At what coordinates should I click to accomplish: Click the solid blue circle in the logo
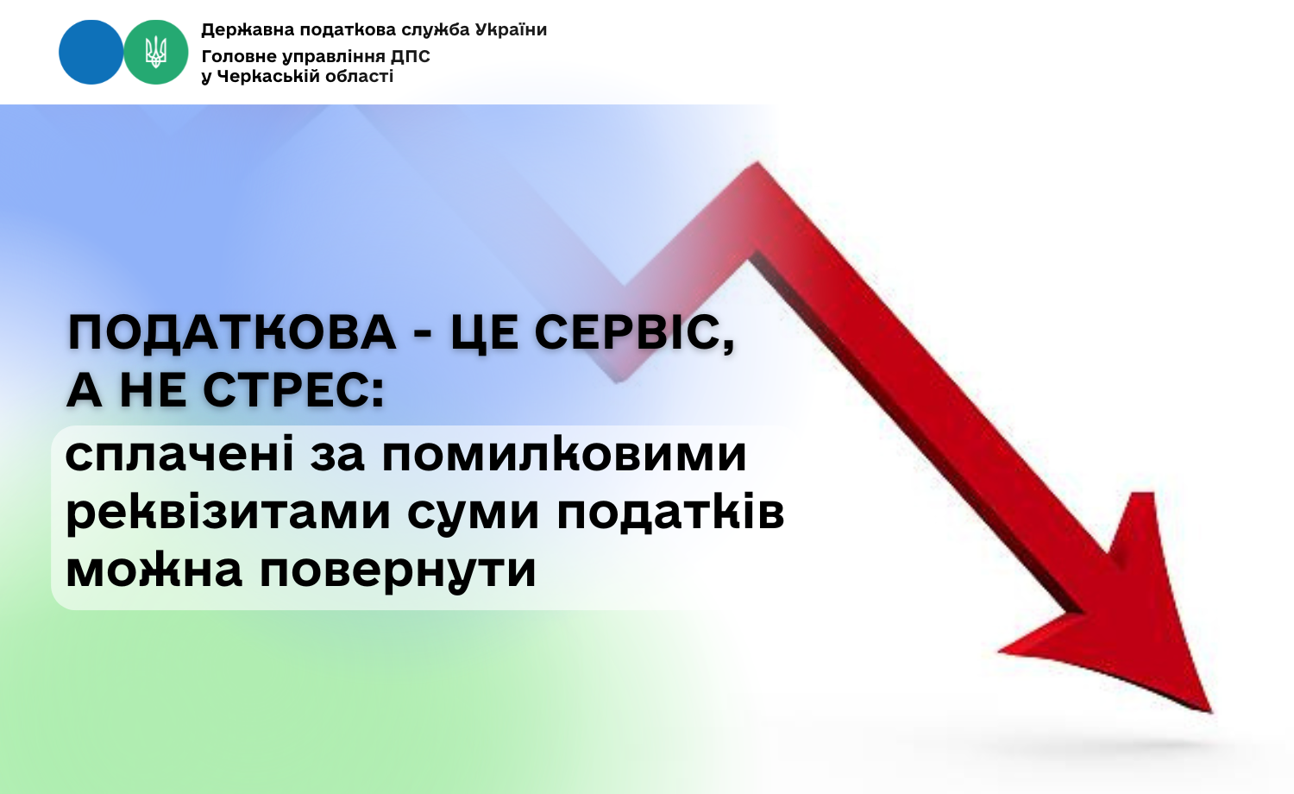click(91, 53)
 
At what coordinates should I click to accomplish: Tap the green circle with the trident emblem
click(156, 53)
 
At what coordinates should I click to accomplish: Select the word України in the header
click(511, 29)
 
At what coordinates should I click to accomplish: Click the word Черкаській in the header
click(265, 76)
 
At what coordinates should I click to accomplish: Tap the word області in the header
click(355, 76)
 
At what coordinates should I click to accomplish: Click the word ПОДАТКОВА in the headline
click(232, 334)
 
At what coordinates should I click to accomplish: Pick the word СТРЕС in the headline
click(292, 391)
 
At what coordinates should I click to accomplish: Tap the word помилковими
click(564, 455)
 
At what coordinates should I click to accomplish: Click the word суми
click(473, 514)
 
